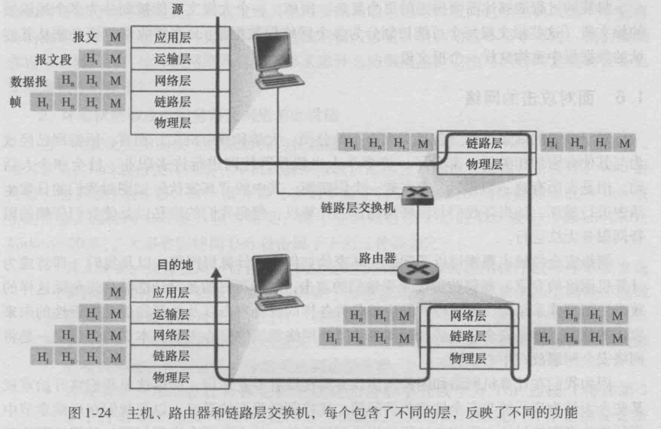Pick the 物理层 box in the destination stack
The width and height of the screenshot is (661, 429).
pos(172,378)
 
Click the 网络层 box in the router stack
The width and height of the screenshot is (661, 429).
pos(468,316)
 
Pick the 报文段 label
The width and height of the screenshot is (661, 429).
pos(54,60)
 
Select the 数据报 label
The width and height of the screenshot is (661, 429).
pos(29,81)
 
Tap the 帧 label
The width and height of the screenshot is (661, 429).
pos(16,101)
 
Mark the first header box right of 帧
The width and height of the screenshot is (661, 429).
pos(43,102)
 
